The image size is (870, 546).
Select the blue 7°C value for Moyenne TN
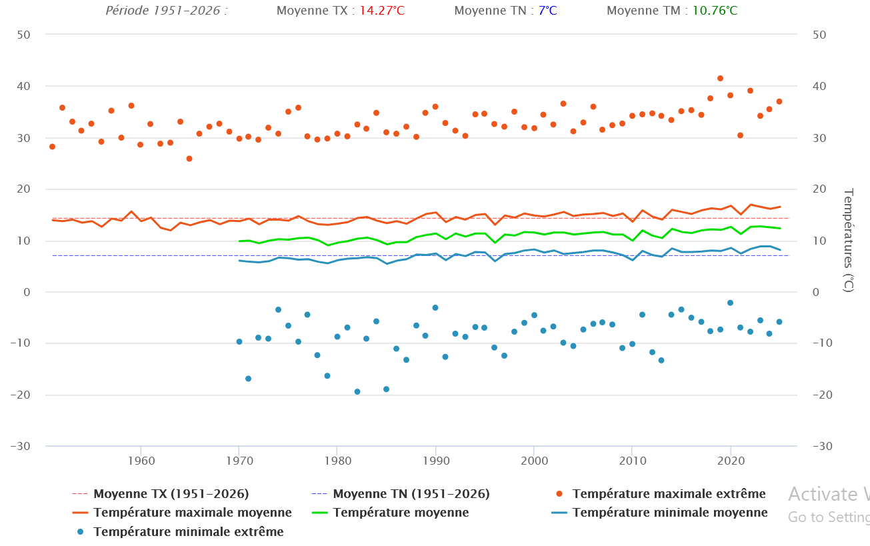tap(547, 11)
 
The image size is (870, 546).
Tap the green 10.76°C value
tap(714, 11)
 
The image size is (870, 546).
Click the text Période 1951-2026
tap(166, 11)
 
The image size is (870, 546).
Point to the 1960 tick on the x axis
tap(141, 461)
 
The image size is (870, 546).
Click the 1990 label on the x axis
tap(435, 461)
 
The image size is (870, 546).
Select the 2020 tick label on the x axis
tap(731, 461)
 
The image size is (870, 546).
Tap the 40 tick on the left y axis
tap(24, 87)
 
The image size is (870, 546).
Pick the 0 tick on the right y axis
tap(815, 292)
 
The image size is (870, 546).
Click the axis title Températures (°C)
tap(849, 241)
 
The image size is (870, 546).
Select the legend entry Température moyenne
tap(401, 513)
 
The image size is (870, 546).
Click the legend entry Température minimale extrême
tap(188, 531)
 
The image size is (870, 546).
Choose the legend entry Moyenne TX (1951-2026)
tap(171, 494)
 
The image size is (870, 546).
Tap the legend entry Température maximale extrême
tap(669, 494)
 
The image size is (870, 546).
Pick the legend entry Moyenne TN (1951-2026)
tap(411, 494)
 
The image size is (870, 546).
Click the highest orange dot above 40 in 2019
tap(720, 79)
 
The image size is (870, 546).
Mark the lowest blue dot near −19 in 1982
tap(357, 391)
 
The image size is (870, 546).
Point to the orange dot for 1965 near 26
tap(189, 159)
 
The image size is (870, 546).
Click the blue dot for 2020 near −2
tap(730, 303)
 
